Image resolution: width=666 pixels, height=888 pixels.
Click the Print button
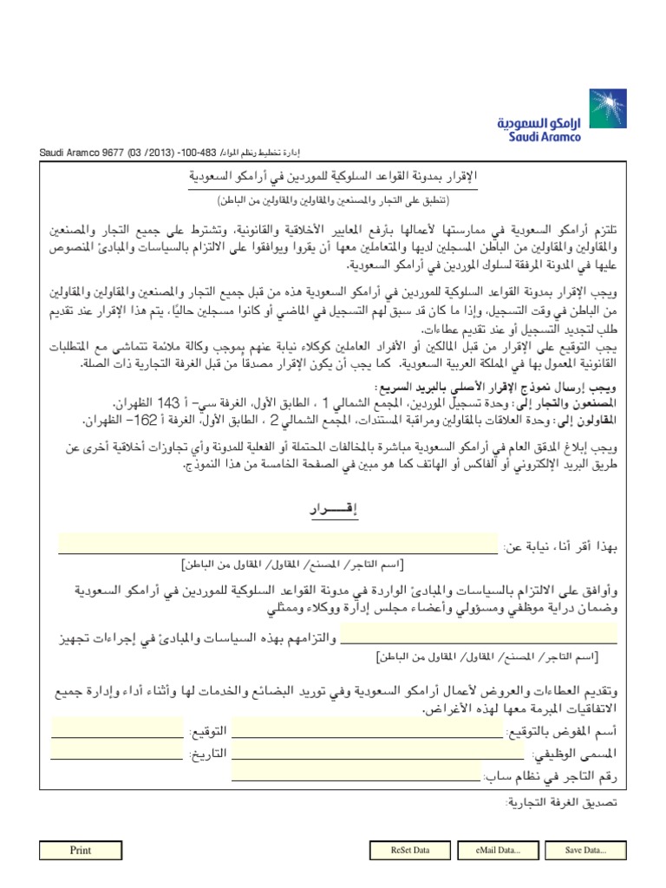[80, 851]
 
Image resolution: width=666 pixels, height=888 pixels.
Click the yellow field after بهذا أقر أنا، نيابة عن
[278, 544]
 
